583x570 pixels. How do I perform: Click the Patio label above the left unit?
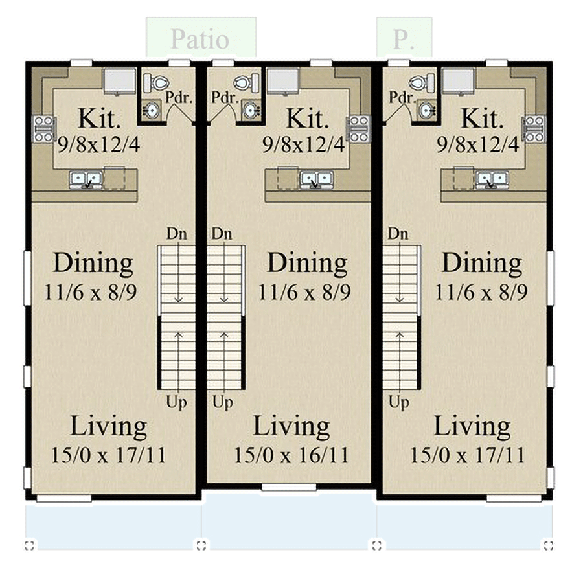200,39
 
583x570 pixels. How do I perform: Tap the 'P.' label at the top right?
403,39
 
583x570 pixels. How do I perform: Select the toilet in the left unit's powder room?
155,82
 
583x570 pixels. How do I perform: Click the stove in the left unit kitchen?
43,128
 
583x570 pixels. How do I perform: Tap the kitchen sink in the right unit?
490,179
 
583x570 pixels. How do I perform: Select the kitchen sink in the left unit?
86,179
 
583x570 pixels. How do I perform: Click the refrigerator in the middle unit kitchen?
282,81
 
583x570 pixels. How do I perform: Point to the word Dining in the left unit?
93,264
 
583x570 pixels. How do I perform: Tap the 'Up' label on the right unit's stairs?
399,403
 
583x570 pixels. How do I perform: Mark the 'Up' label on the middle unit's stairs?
223,403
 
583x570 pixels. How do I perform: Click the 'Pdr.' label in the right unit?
401,97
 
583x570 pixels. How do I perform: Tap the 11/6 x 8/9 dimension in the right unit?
481,291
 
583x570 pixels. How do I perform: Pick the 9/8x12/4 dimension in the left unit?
98,144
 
